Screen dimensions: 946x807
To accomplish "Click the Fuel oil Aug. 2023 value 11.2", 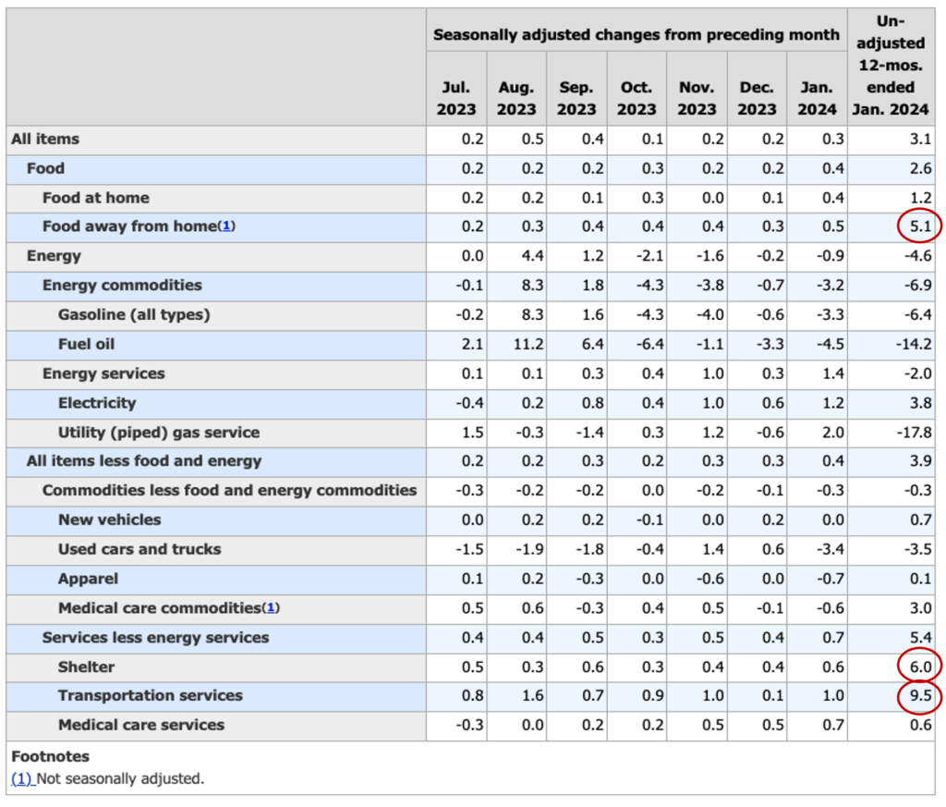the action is click(x=528, y=344).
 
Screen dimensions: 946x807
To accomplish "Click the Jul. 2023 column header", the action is click(x=456, y=98).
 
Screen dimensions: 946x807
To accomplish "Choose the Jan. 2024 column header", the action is click(x=817, y=98).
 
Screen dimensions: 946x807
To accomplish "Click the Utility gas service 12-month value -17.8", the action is click(x=914, y=433).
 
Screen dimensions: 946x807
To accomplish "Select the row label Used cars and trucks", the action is click(x=139, y=549).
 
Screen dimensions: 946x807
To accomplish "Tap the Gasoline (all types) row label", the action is click(x=134, y=315).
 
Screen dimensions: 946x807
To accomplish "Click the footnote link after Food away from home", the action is click(x=226, y=226).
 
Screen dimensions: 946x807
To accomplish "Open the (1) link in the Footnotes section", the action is click(x=22, y=778).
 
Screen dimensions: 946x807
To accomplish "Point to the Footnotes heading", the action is click(x=50, y=756).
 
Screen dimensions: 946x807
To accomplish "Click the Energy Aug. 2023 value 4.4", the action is click(x=533, y=256).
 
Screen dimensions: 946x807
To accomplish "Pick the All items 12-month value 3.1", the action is click(x=921, y=139).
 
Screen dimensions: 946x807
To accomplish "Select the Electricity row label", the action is click(x=97, y=403).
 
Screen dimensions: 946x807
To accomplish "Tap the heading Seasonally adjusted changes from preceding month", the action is click(x=637, y=34).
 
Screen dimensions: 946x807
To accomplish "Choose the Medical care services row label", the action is click(x=141, y=725).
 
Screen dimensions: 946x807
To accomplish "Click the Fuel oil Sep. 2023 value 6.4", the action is click(x=592, y=344).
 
